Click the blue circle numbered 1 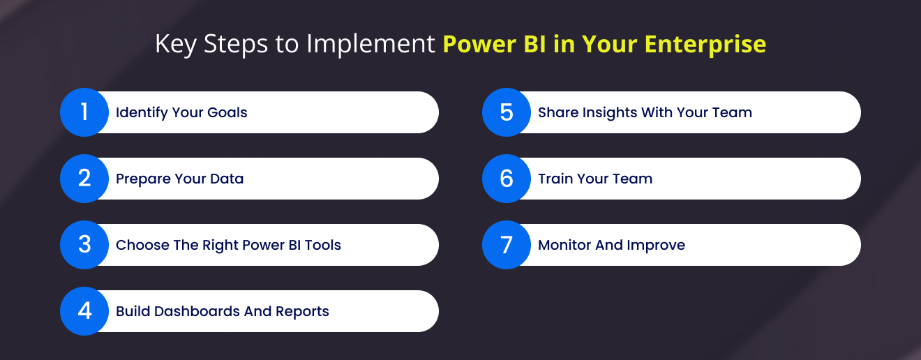[84, 112]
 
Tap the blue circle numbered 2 [84, 179]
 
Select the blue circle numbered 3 [84, 245]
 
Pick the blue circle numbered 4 [84, 311]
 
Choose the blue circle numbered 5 [507, 112]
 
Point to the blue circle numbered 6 [507, 179]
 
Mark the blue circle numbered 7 [507, 245]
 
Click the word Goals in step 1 [227, 112]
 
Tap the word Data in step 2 [227, 179]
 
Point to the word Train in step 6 [555, 179]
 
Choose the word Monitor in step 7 [564, 245]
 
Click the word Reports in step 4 [302, 312]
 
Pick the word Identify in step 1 [142, 112]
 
